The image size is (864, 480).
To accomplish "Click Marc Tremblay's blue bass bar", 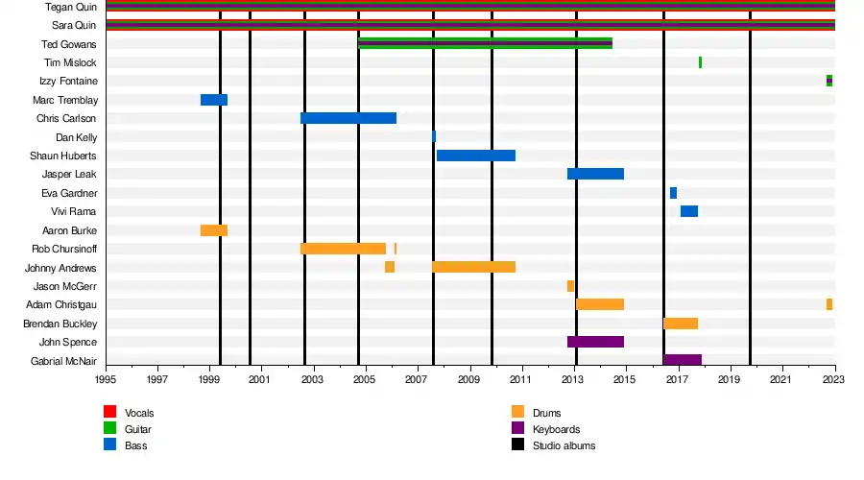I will (213, 100).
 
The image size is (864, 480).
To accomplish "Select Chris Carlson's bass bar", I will (348, 118).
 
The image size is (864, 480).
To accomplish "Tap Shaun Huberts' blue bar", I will (475, 156).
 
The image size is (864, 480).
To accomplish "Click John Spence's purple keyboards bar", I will (595, 342).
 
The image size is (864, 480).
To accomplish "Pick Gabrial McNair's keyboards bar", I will (683, 360).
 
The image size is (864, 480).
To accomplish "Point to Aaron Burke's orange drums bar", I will (213, 230).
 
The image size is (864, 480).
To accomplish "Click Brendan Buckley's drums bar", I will (681, 324).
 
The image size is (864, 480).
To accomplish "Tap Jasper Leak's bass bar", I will (595, 174).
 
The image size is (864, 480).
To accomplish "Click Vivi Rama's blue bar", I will (689, 211).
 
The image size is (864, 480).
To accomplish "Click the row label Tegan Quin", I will (70, 7).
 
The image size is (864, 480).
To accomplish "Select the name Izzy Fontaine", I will (68, 82).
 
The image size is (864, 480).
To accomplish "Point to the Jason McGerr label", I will (65, 286).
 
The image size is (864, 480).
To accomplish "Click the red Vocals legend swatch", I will (110, 412).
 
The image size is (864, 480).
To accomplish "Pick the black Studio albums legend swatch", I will (518, 445).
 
